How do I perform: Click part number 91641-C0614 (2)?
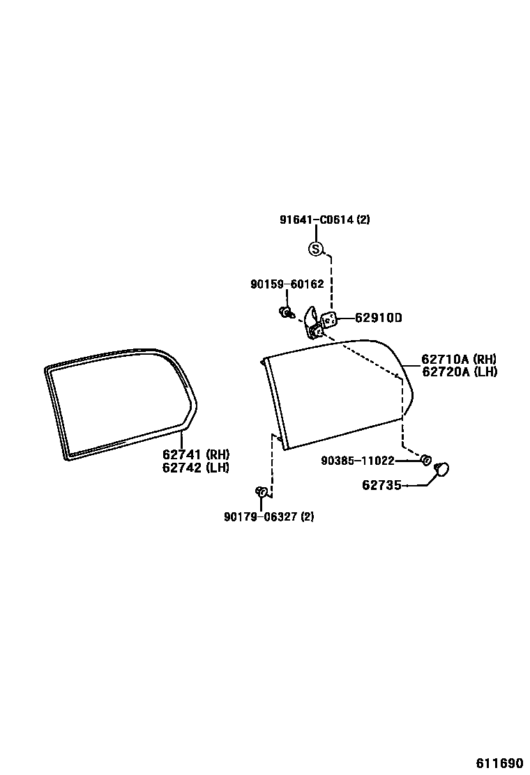tap(324, 220)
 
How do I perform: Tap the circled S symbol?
tap(316, 248)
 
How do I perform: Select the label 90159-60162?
tap(287, 284)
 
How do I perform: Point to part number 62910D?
tap(379, 318)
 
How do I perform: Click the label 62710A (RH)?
tap(458, 360)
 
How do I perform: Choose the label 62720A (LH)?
tap(459, 371)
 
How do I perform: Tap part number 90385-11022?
tap(358, 461)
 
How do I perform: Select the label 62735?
tap(381, 485)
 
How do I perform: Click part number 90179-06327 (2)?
tap(268, 516)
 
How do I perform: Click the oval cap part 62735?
tap(441, 470)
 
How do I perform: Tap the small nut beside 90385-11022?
tap(425, 459)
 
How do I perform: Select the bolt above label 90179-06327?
tap(262, 492)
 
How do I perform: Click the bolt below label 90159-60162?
tap(285, 312)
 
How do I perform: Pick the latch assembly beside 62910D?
tap(319, 321)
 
